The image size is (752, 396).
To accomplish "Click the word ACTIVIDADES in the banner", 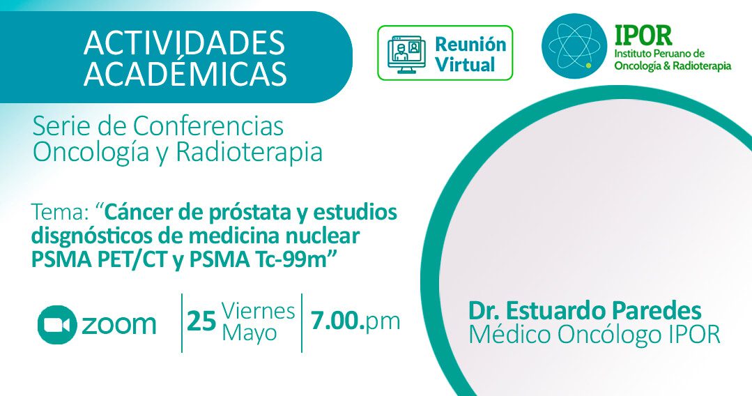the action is tap(184, 43).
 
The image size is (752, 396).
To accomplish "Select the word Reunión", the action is tap(470, 44).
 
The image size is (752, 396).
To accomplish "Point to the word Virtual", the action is tap(465, 65).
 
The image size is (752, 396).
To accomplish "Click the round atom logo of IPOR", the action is tap(574, 46).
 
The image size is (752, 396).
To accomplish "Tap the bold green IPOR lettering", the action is tap(643, 35).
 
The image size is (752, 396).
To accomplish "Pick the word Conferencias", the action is tap(208, 126).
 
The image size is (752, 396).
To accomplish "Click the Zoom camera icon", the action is tap(57, 324).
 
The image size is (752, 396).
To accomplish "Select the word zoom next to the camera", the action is tap(119, 325).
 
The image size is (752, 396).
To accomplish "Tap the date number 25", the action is tap(201, 321).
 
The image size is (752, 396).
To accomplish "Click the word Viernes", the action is tap(259, 311).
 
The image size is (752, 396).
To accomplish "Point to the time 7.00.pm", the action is tap(355, 321).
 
